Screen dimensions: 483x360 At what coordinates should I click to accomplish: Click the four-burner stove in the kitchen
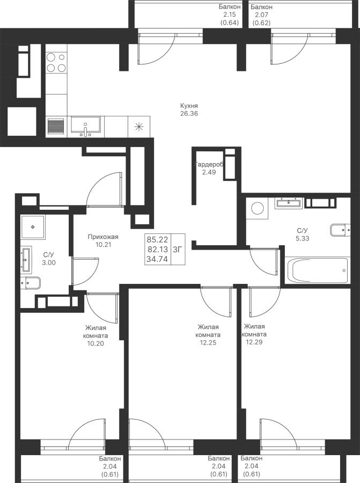(56, 62)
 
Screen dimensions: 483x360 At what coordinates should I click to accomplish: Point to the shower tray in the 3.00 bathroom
(37, 227)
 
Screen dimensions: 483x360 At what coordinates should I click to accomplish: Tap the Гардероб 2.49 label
(208, 169)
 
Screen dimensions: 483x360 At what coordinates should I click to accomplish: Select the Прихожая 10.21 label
(103, 240)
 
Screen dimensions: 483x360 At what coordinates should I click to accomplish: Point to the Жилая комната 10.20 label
(95, 335)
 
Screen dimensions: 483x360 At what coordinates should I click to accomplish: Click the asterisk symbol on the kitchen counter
(139, 127)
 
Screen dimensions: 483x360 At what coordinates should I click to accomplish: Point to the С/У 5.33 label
(303, 235)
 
